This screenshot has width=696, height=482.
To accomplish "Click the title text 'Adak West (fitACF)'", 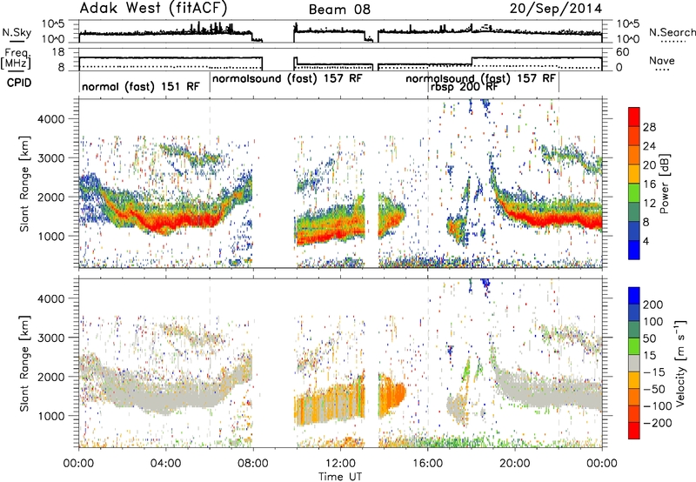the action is click(153, 8).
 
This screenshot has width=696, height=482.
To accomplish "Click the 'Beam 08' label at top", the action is click(339, 10).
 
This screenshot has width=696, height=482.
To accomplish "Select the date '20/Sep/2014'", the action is click(556, 9).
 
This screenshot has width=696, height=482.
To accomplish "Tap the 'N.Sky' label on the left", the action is click(17, 32).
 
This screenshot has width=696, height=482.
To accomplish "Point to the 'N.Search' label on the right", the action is click(673, 32).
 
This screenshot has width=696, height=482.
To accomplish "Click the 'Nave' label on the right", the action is click(662, 60).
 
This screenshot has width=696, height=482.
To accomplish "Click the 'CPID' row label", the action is click(19, 83).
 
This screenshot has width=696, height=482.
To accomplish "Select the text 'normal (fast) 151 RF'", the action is click(141, 86).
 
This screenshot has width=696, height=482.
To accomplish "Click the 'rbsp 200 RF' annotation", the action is click(464, 86).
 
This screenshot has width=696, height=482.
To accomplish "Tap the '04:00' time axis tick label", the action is click(166, 464).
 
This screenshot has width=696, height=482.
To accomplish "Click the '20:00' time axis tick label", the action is click(515, 464).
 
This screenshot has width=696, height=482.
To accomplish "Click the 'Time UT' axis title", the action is click(340, 477).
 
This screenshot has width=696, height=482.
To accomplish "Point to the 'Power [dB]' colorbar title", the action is click(665, 184).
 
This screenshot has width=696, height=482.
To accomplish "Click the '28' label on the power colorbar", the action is click(649, 127).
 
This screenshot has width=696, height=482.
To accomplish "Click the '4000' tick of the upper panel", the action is click(53, 119).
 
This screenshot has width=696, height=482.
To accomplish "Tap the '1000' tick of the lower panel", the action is click(53, 416).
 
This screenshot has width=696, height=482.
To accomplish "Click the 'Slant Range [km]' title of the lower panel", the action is click(25, 364).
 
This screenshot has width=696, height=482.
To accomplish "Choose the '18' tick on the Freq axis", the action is click(59, 52).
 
